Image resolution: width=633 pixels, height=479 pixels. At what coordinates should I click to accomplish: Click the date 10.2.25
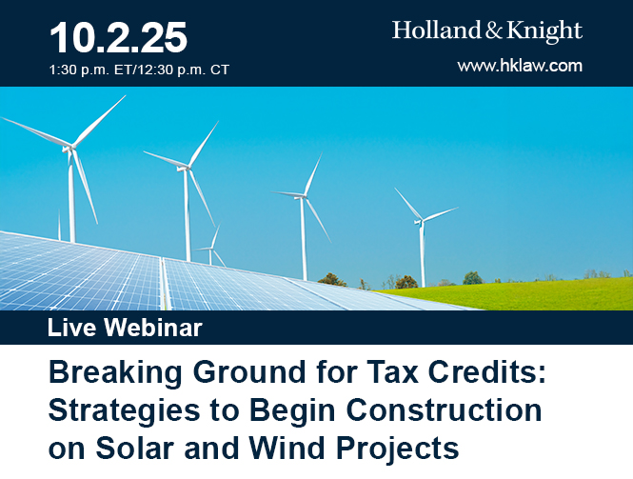[118, 37]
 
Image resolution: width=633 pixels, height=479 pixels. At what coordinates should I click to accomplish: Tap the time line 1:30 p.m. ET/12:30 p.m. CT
[139, 70]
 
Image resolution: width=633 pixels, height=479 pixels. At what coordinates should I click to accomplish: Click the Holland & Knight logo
[486, 30]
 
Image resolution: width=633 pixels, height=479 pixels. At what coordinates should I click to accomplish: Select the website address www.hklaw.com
[519, 66]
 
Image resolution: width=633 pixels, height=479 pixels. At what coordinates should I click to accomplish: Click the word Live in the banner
[73, 329]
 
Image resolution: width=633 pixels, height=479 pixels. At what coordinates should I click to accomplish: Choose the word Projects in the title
[406, 448]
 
